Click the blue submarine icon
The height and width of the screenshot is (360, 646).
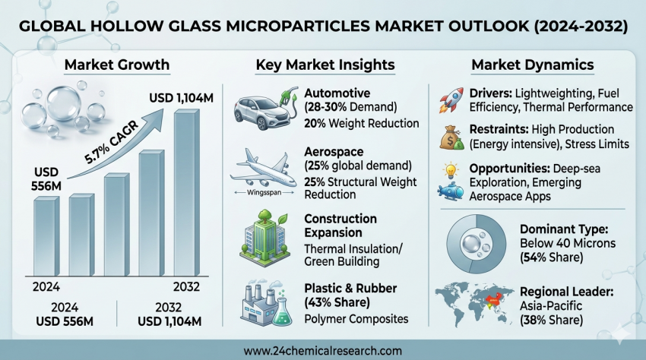[454, 191]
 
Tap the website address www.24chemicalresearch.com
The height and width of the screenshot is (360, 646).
[322, 351]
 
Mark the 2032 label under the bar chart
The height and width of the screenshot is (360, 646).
[185, 287]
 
